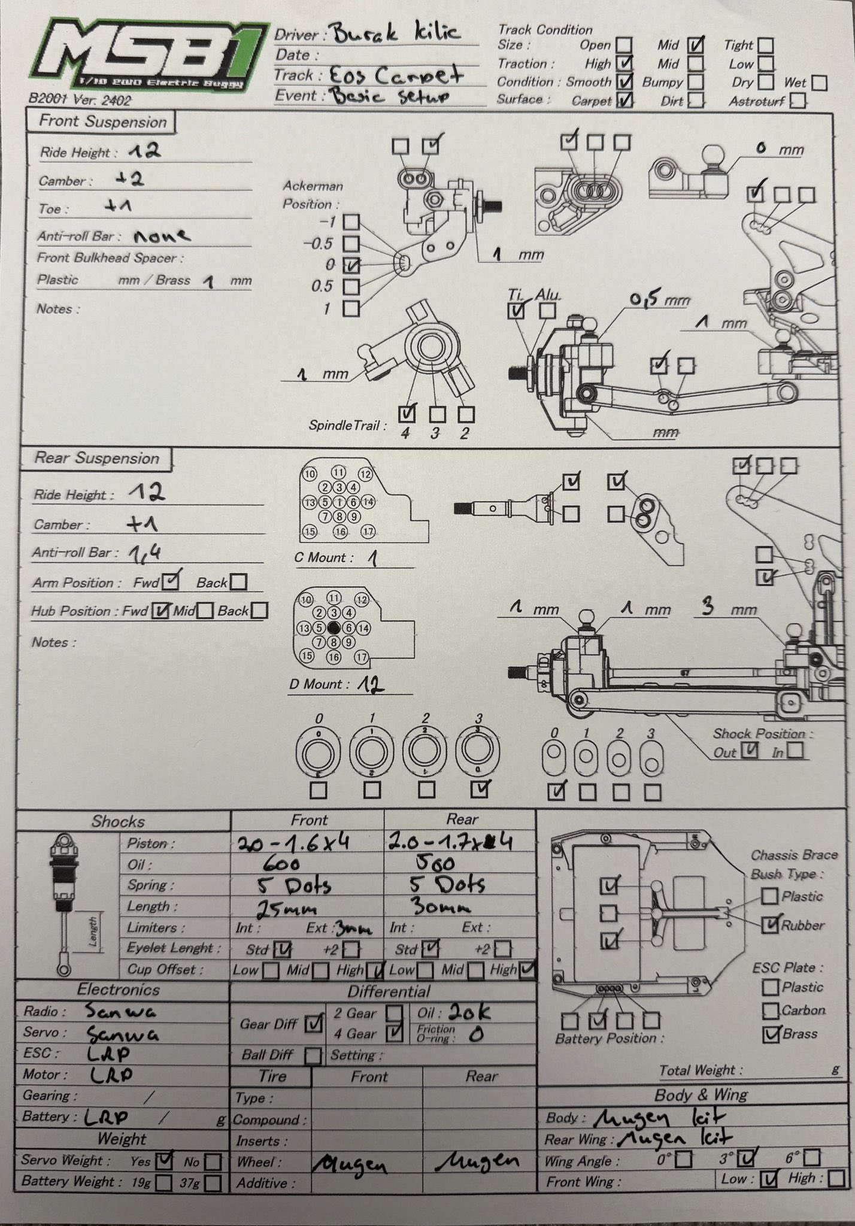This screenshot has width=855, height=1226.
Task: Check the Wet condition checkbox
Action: [x=820, y=83]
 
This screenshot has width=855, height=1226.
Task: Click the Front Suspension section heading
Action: [x=101, y=122]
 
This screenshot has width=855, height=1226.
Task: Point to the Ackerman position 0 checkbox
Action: [x=352, y=265]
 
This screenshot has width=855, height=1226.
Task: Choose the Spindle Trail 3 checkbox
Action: [x=437, y=414]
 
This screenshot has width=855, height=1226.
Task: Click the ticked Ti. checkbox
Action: [x=516, y=311]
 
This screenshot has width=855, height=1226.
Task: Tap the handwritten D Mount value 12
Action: [x=371, y=684]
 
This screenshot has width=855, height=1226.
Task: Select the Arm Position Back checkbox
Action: [x=238, y=582]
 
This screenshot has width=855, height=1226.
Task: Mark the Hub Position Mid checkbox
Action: [x=205, y=611]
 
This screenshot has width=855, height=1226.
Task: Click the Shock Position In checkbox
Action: [x=795, y=750]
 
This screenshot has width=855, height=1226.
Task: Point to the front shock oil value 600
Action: [x=282, y=864]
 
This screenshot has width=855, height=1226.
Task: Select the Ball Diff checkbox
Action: [x=313, y=1055]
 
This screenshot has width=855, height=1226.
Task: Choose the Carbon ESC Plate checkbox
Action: [x=771, y=1010]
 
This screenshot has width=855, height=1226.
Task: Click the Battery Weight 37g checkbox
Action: [x=212, y=1183]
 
